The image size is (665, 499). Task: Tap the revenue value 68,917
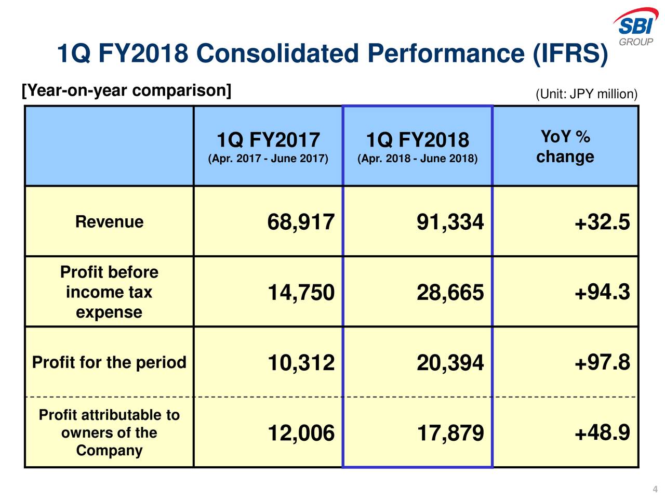301,222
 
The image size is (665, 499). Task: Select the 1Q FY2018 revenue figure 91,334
450,222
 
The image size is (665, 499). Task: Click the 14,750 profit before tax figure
301,293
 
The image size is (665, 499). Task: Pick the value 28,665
450,293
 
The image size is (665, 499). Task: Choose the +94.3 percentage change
602,293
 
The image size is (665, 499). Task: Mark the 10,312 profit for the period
301,363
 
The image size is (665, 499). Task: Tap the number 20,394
450,363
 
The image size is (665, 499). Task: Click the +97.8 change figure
602,363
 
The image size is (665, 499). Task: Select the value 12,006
301,433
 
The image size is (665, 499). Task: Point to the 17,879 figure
450,433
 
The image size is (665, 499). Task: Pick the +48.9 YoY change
602,432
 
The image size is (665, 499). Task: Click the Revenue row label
109,222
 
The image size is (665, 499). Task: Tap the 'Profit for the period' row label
109,362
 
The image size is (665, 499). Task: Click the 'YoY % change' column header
565,147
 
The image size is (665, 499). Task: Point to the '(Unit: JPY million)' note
586,94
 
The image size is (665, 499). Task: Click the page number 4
655,489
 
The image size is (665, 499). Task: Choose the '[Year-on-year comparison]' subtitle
126,90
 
